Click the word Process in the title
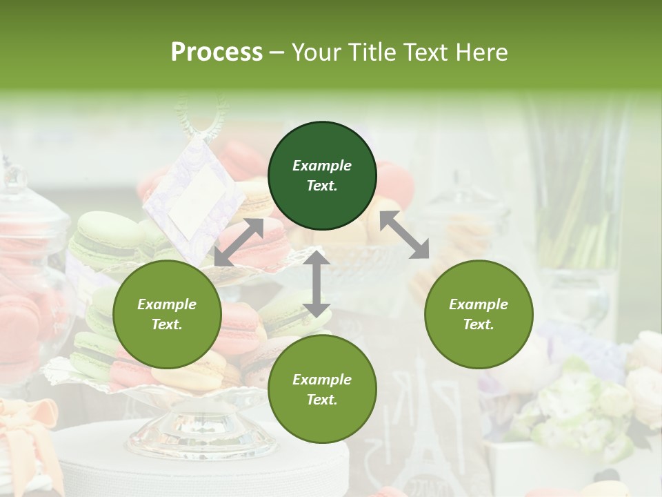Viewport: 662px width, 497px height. (217, 52)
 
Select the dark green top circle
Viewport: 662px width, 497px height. (322, 175)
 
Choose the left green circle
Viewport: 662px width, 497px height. (167, 314)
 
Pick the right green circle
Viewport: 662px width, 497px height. (479, 314)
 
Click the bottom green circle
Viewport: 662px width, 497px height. (322, 389)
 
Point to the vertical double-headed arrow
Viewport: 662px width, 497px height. (316, 284)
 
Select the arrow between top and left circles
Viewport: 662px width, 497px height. (239, 242)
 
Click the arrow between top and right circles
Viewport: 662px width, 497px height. (405, 235)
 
